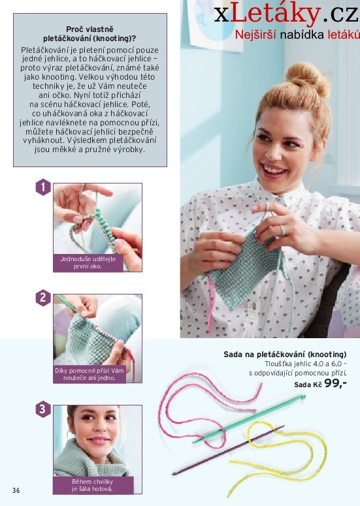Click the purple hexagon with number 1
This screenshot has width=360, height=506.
point(43,187)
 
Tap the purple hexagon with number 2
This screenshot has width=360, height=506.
point(43,298)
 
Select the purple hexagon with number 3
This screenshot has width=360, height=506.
point(43,409)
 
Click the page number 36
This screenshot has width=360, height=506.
point(16,490)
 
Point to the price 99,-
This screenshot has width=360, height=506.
point(335,383)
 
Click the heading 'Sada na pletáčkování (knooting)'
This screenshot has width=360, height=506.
point(285,355)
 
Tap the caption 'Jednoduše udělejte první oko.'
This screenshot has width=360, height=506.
point(88,262)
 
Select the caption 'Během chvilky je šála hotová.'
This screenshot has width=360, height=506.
point(92,485)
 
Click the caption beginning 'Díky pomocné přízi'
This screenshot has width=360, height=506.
point(90,374)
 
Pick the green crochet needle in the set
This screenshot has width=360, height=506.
point(249,419)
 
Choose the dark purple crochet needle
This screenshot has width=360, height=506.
point(228,450)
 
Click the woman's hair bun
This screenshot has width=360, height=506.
point(307,78)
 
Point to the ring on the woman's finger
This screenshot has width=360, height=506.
point(282,230)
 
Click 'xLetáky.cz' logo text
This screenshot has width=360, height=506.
point(286,14)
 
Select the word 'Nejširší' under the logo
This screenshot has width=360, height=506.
point(255,35)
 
